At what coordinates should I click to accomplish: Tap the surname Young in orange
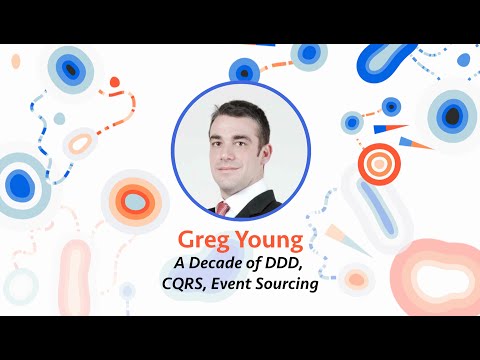pos(268,240)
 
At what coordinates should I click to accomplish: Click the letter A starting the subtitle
pos(179,264)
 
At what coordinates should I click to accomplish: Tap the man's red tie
pos(223,208)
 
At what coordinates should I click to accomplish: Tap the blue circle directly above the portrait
pos(244,70)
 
